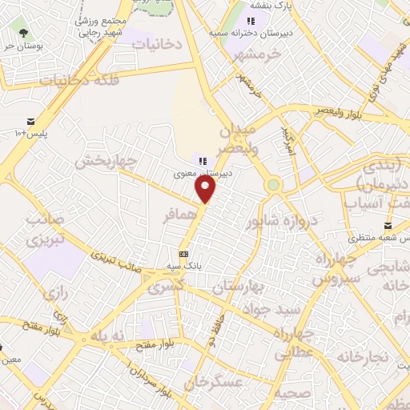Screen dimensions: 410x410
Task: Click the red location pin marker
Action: click(206, 189)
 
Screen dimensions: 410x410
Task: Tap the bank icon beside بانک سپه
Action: click(183, 254)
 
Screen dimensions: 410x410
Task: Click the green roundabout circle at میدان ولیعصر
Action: click(274, 185)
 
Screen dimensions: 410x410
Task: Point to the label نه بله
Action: click(109, 337)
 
